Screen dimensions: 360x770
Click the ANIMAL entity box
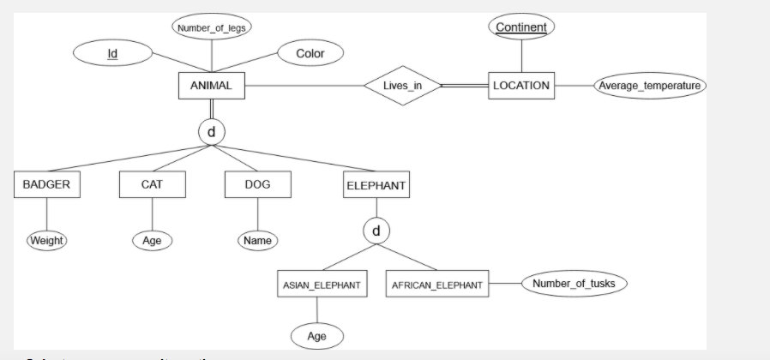[x=211, y=86]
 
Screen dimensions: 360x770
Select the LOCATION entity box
[x=521, y=86]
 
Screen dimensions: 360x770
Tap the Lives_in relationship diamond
[x=401, y=86]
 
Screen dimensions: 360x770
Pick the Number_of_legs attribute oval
[x=211, y=28]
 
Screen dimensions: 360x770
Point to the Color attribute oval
[x=310, y=54]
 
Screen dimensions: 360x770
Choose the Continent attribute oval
[x=521, y=27]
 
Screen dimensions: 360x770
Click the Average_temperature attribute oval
[x=650, y=86]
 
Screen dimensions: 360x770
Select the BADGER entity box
[x=47, y=184]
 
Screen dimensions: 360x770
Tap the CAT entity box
[x=153, y=184]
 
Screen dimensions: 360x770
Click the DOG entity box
[x=257, y=184]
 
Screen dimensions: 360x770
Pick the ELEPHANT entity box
[x=376, y=184]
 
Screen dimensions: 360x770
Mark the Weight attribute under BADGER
[x=47, y=240]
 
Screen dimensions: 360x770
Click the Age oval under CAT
[x=153, y=241]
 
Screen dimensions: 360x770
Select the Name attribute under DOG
[x=257, y=241]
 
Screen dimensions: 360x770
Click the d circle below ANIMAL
[x=211, y=132]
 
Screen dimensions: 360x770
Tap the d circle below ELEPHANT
[x=376, y=231]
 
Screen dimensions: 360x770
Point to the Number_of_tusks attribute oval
[x=574, y=284]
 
